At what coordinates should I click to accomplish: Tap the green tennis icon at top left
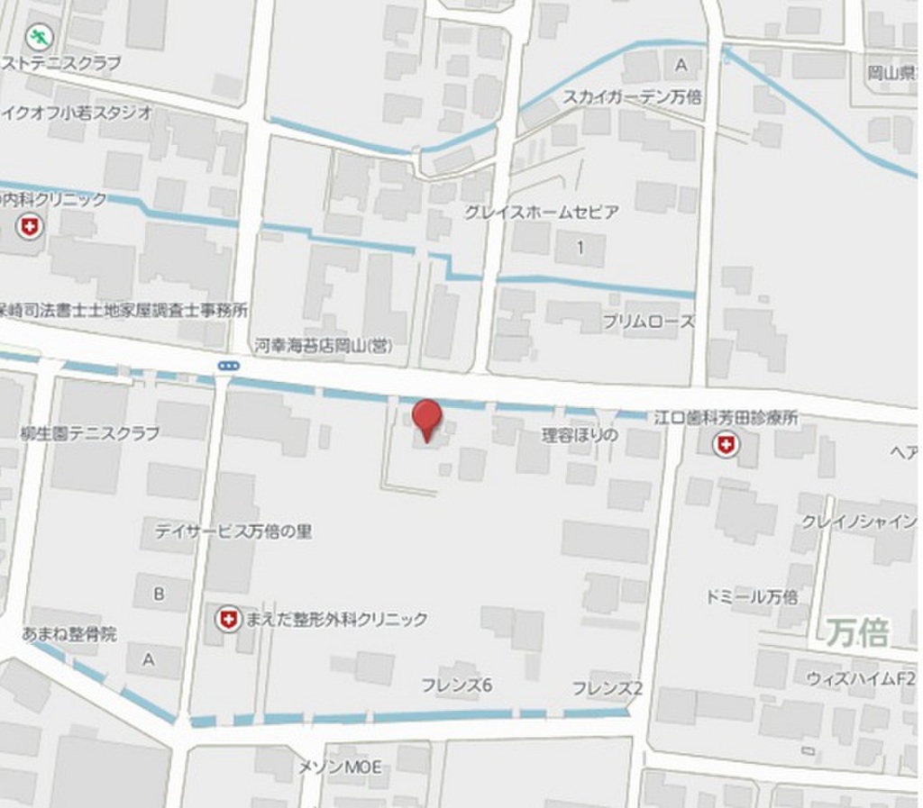(x=39, y=37)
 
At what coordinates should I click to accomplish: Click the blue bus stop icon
(x=228, y=365)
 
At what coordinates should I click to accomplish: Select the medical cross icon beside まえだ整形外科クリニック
(x=229, y=619)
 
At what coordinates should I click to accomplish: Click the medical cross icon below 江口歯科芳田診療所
(x=726, y=443)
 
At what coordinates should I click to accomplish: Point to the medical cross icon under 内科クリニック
(x=30, y=227)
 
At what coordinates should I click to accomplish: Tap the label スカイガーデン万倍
(x=632, y=96)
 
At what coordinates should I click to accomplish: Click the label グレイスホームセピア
(x=541, y=213)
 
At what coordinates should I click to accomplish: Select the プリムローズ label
(x=649, y=322)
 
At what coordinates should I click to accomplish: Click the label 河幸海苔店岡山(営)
(x=323, y=345)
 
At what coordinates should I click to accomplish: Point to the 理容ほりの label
(x=580, y=435)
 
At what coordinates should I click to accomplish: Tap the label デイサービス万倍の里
(x=233, y=531)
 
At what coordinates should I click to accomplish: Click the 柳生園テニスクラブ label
(x=89, y=433)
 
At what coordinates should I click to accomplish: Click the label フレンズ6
(x=456, y=685)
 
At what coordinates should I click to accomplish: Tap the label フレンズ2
(x=607, y=688)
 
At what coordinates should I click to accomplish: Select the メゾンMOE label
(x=340, y=767)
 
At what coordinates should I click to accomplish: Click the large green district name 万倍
(x=856, y=632)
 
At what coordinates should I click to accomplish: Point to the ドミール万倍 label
(x=753, y=596)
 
